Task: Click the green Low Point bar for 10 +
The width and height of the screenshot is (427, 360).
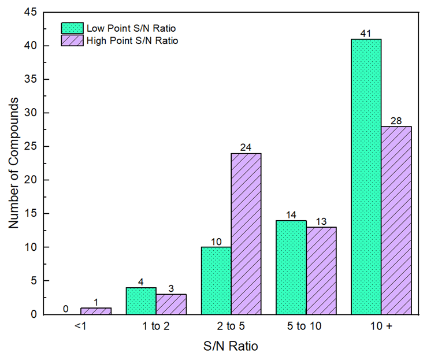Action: tap(366, 176)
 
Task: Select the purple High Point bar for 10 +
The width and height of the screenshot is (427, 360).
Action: tap(396, 220)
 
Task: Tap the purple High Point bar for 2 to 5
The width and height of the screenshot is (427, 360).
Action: tap(246, 233)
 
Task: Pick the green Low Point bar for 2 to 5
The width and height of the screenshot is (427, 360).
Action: tap(216, 280)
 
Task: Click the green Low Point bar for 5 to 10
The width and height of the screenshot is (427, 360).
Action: tap(291, 267)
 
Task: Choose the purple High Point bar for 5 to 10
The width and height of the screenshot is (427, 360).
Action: tap(321, 270)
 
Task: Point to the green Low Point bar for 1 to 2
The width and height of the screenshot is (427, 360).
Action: tap(140, 300)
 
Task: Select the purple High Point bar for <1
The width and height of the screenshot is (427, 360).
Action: tap(96, 311)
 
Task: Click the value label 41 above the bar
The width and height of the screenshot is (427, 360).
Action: tap(366, 34)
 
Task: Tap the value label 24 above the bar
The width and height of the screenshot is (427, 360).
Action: tap(246, 148)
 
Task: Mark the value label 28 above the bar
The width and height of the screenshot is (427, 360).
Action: tap(396, 121)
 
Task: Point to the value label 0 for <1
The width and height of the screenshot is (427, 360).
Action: tap(66, 309)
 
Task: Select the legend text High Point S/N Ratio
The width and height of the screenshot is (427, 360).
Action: tap(132, 40)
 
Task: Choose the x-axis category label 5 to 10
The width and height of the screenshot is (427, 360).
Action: tap(306, 326)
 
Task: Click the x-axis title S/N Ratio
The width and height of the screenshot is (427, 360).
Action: tap(231, 347)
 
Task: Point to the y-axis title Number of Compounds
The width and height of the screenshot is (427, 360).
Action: tap(14, 164)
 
